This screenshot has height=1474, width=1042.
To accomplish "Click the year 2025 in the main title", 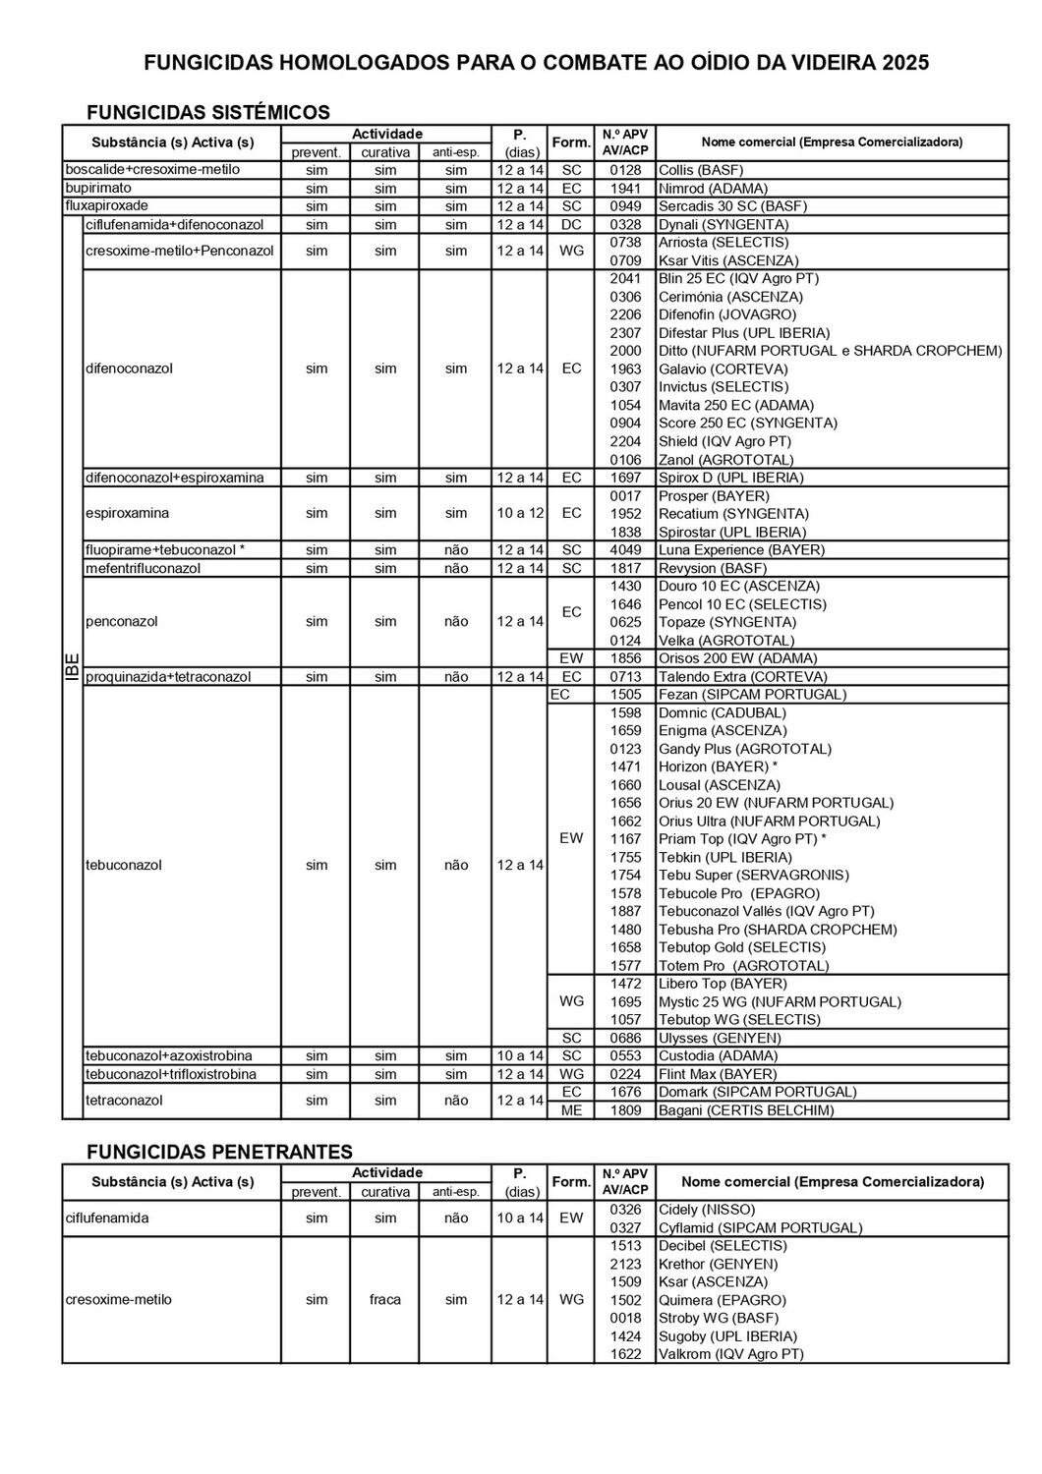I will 905,64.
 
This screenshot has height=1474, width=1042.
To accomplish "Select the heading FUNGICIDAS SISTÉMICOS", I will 208,112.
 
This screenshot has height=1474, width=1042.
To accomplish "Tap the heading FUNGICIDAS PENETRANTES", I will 219,1152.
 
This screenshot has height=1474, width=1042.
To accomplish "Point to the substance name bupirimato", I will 98,188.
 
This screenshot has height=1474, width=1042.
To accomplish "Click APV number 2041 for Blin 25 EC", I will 625,278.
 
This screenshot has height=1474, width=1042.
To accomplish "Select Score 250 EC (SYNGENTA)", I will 748,423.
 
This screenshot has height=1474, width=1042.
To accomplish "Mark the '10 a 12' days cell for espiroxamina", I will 519,513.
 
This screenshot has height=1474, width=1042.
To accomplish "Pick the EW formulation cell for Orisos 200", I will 571,658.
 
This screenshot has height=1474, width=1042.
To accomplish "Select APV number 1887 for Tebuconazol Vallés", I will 625,911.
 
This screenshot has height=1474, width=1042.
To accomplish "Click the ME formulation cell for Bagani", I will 571,1110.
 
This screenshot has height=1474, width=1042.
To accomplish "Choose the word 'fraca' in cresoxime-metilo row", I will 385,1299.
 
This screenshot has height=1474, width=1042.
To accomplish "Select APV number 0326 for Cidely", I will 625,1210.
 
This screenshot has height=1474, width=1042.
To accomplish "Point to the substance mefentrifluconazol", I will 144,568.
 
